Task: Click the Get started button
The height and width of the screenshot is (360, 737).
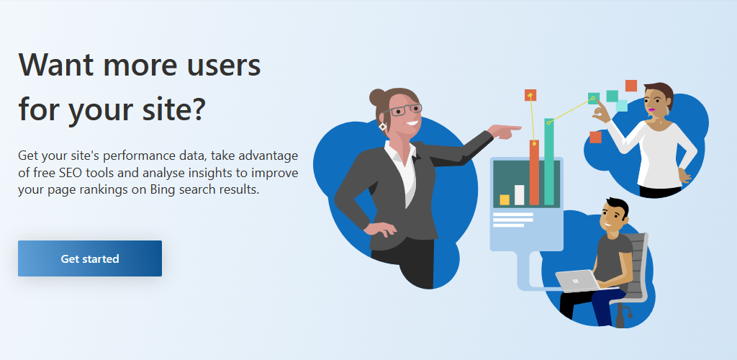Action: click(x=90, y=258)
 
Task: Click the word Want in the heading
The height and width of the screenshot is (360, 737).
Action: click(x=56, y=66)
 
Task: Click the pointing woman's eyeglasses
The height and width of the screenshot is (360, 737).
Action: click(x=403, y=110)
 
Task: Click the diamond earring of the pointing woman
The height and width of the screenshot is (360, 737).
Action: click(x=383, y=127)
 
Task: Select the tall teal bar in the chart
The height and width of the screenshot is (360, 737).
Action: click(x=549, y=162)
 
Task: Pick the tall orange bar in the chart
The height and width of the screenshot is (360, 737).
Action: click(x=534, y=173)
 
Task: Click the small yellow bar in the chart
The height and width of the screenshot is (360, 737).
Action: click(x=505, y=199)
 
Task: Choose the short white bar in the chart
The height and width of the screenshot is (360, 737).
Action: click(x=520, y=195)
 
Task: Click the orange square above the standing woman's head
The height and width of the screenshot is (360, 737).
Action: click(x=630, y=86)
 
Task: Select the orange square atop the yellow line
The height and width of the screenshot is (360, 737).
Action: click(x=530, y=95)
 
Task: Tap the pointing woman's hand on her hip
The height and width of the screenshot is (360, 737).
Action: click(x=380, y=229)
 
